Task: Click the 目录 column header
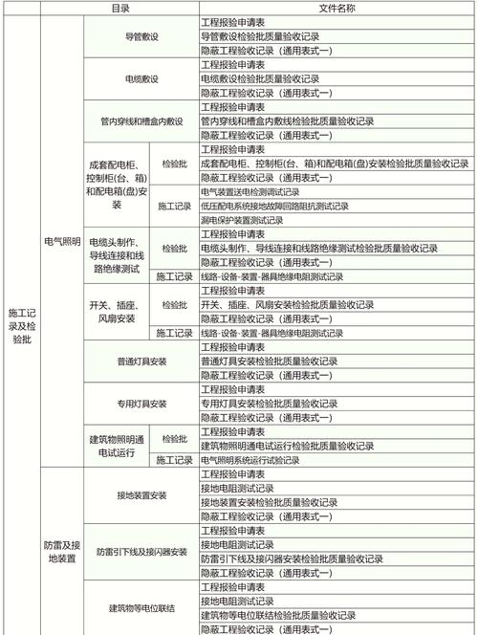coord(119,7)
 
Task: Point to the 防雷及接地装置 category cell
coord(61,552)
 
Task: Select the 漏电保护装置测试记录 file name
coord(243,220)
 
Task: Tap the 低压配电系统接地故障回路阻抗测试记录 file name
coord(272,206)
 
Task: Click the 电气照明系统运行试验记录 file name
coord(250,460)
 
